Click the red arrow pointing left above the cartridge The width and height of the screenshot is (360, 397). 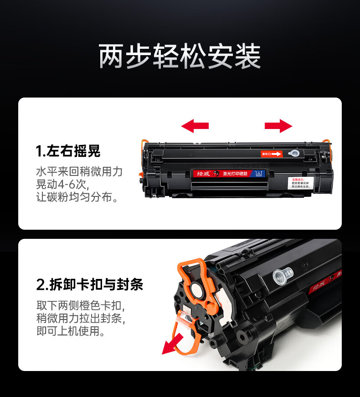click(195, 126)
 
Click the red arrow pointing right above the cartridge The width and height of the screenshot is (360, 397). click(278, 126)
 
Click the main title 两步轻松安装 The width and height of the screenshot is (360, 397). click(180, 57)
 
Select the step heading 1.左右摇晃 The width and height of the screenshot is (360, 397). click(68, 151)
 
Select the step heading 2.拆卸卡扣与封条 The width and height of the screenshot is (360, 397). click(89, 284)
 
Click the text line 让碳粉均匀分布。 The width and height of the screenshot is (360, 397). click(77, 198)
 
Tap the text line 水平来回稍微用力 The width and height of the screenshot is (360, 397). click(79, 172)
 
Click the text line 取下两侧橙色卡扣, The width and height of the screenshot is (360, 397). click(81, 305)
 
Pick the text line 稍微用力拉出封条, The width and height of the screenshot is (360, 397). click(81, 318)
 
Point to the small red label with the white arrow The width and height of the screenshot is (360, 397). click(271, 154)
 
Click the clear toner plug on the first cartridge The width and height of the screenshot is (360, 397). click(294, 155)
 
